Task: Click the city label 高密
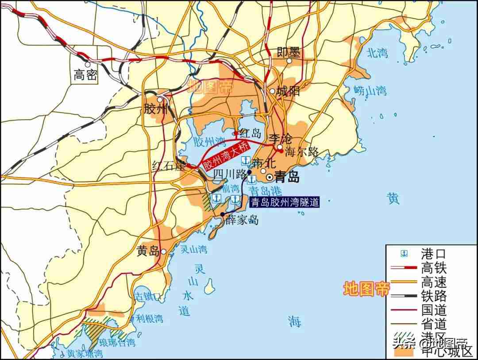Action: [x=85, y=75]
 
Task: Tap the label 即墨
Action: [x=289, y=52]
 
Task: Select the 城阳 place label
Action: [x=288, y=91]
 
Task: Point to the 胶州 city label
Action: [x=156, y=108]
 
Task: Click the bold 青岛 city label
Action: [x=287, y=177]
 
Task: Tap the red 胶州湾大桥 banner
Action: [x=227, y=155]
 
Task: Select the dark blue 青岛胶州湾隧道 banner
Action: [x=284, y=202]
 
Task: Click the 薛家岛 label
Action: [x=242, y=220]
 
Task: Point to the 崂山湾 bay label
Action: [x=370, y=91]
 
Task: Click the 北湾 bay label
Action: [x=378, y=53]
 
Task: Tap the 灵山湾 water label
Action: [x=193, y=249]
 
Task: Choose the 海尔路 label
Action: [x=301, y=151]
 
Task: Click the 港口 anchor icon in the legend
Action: [x=404, y=253]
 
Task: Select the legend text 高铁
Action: [x=434, y=267]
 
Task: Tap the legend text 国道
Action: [x=434, y=310]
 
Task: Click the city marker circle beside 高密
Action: [x=88, y=65]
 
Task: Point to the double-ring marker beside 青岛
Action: [x=269, y=177]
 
